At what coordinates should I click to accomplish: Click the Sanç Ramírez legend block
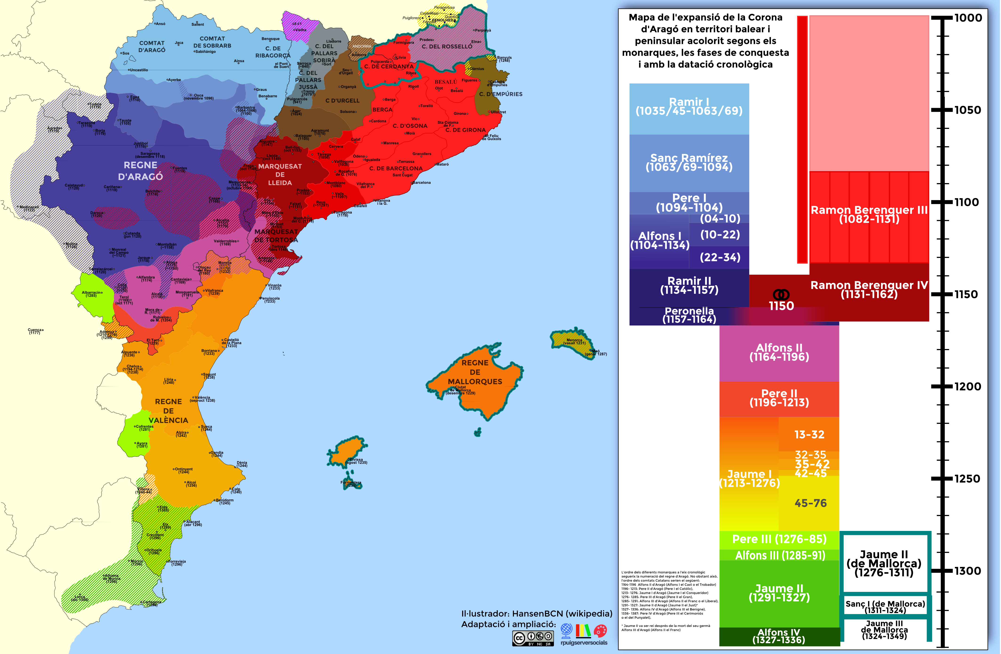tap(689, 163)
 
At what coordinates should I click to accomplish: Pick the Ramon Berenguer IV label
tap(869, 290)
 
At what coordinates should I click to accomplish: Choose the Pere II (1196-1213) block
tap(779, 398)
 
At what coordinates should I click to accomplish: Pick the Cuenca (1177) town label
tap(35, 331)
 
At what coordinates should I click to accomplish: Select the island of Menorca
tap(572, 340)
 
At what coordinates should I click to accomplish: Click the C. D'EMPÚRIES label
tap(500, 94)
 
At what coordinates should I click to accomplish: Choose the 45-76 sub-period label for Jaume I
tap(810, 503)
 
